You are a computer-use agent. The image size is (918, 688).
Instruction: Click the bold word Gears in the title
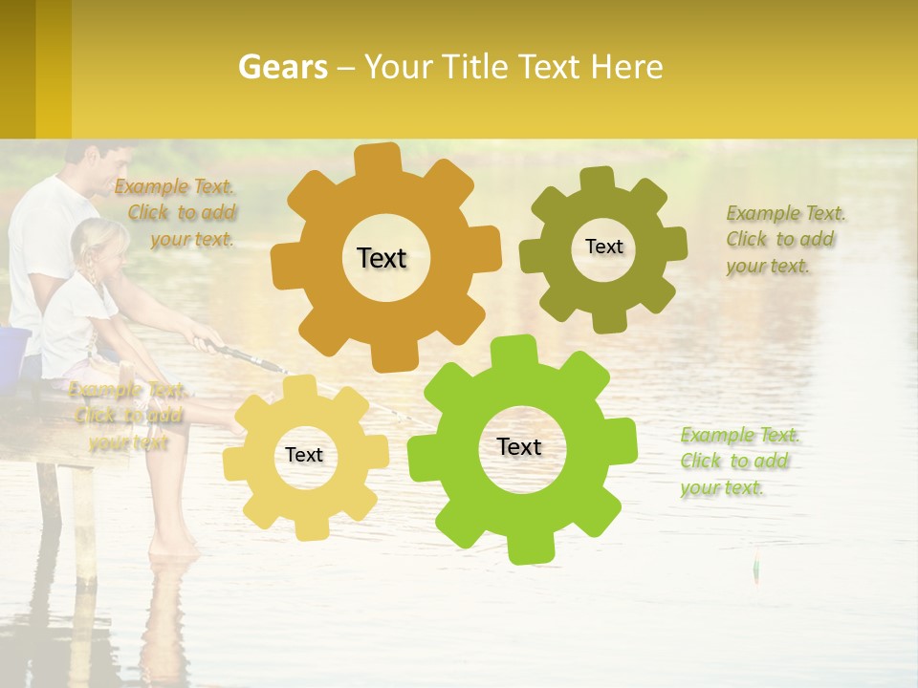tap(282, 67)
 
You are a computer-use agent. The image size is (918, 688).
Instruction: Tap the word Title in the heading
tap(479, 67)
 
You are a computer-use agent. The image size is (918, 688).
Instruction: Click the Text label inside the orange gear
tap(382, 258)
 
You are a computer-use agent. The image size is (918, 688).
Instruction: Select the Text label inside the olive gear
tap(603, 247)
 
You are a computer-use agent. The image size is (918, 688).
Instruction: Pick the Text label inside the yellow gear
tap(304, 456)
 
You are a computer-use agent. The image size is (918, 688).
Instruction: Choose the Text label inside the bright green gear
tap(519, 447)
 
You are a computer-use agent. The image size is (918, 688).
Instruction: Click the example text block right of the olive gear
tap(784, 239)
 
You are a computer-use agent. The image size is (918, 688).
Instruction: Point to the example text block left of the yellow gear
tap(128, 416)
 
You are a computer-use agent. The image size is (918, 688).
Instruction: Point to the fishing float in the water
tap(755, 567)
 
